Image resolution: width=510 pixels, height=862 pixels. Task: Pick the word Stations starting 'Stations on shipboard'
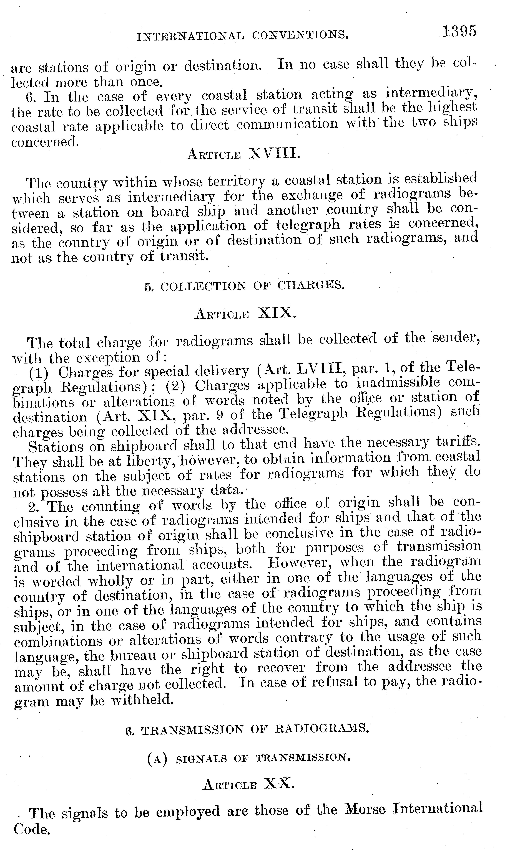pyautogui.click(x=56, y=446)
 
